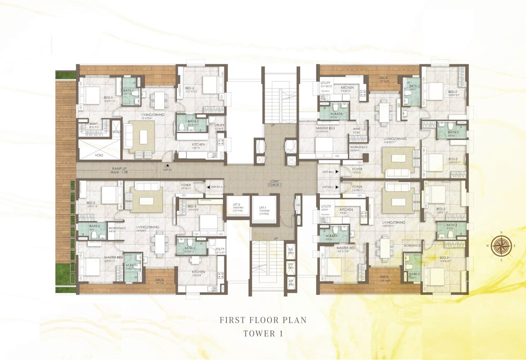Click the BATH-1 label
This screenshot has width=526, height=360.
129,91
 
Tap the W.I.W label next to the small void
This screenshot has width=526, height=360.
94,124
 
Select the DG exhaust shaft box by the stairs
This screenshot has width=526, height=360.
291,251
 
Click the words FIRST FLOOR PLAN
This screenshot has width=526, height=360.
263,320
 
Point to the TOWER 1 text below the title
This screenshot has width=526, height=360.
263,334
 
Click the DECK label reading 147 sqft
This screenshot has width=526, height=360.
160,281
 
